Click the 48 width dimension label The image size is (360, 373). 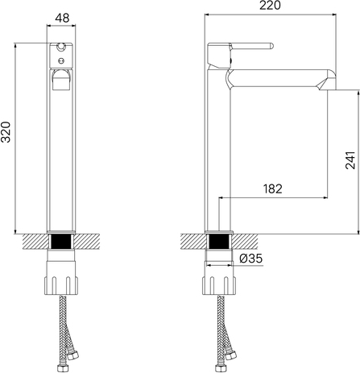tap(62, 18)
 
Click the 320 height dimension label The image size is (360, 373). tap(6, 132)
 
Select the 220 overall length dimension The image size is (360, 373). tap(270, 6)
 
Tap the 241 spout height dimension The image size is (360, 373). tap(350, 160)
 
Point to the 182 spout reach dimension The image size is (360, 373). tap(272, 189)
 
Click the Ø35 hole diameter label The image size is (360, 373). tap(251, 259)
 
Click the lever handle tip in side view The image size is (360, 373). tap(271, 46)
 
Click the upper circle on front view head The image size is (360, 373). tap(61, 48)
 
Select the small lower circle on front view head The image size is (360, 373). tap(61, 60)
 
